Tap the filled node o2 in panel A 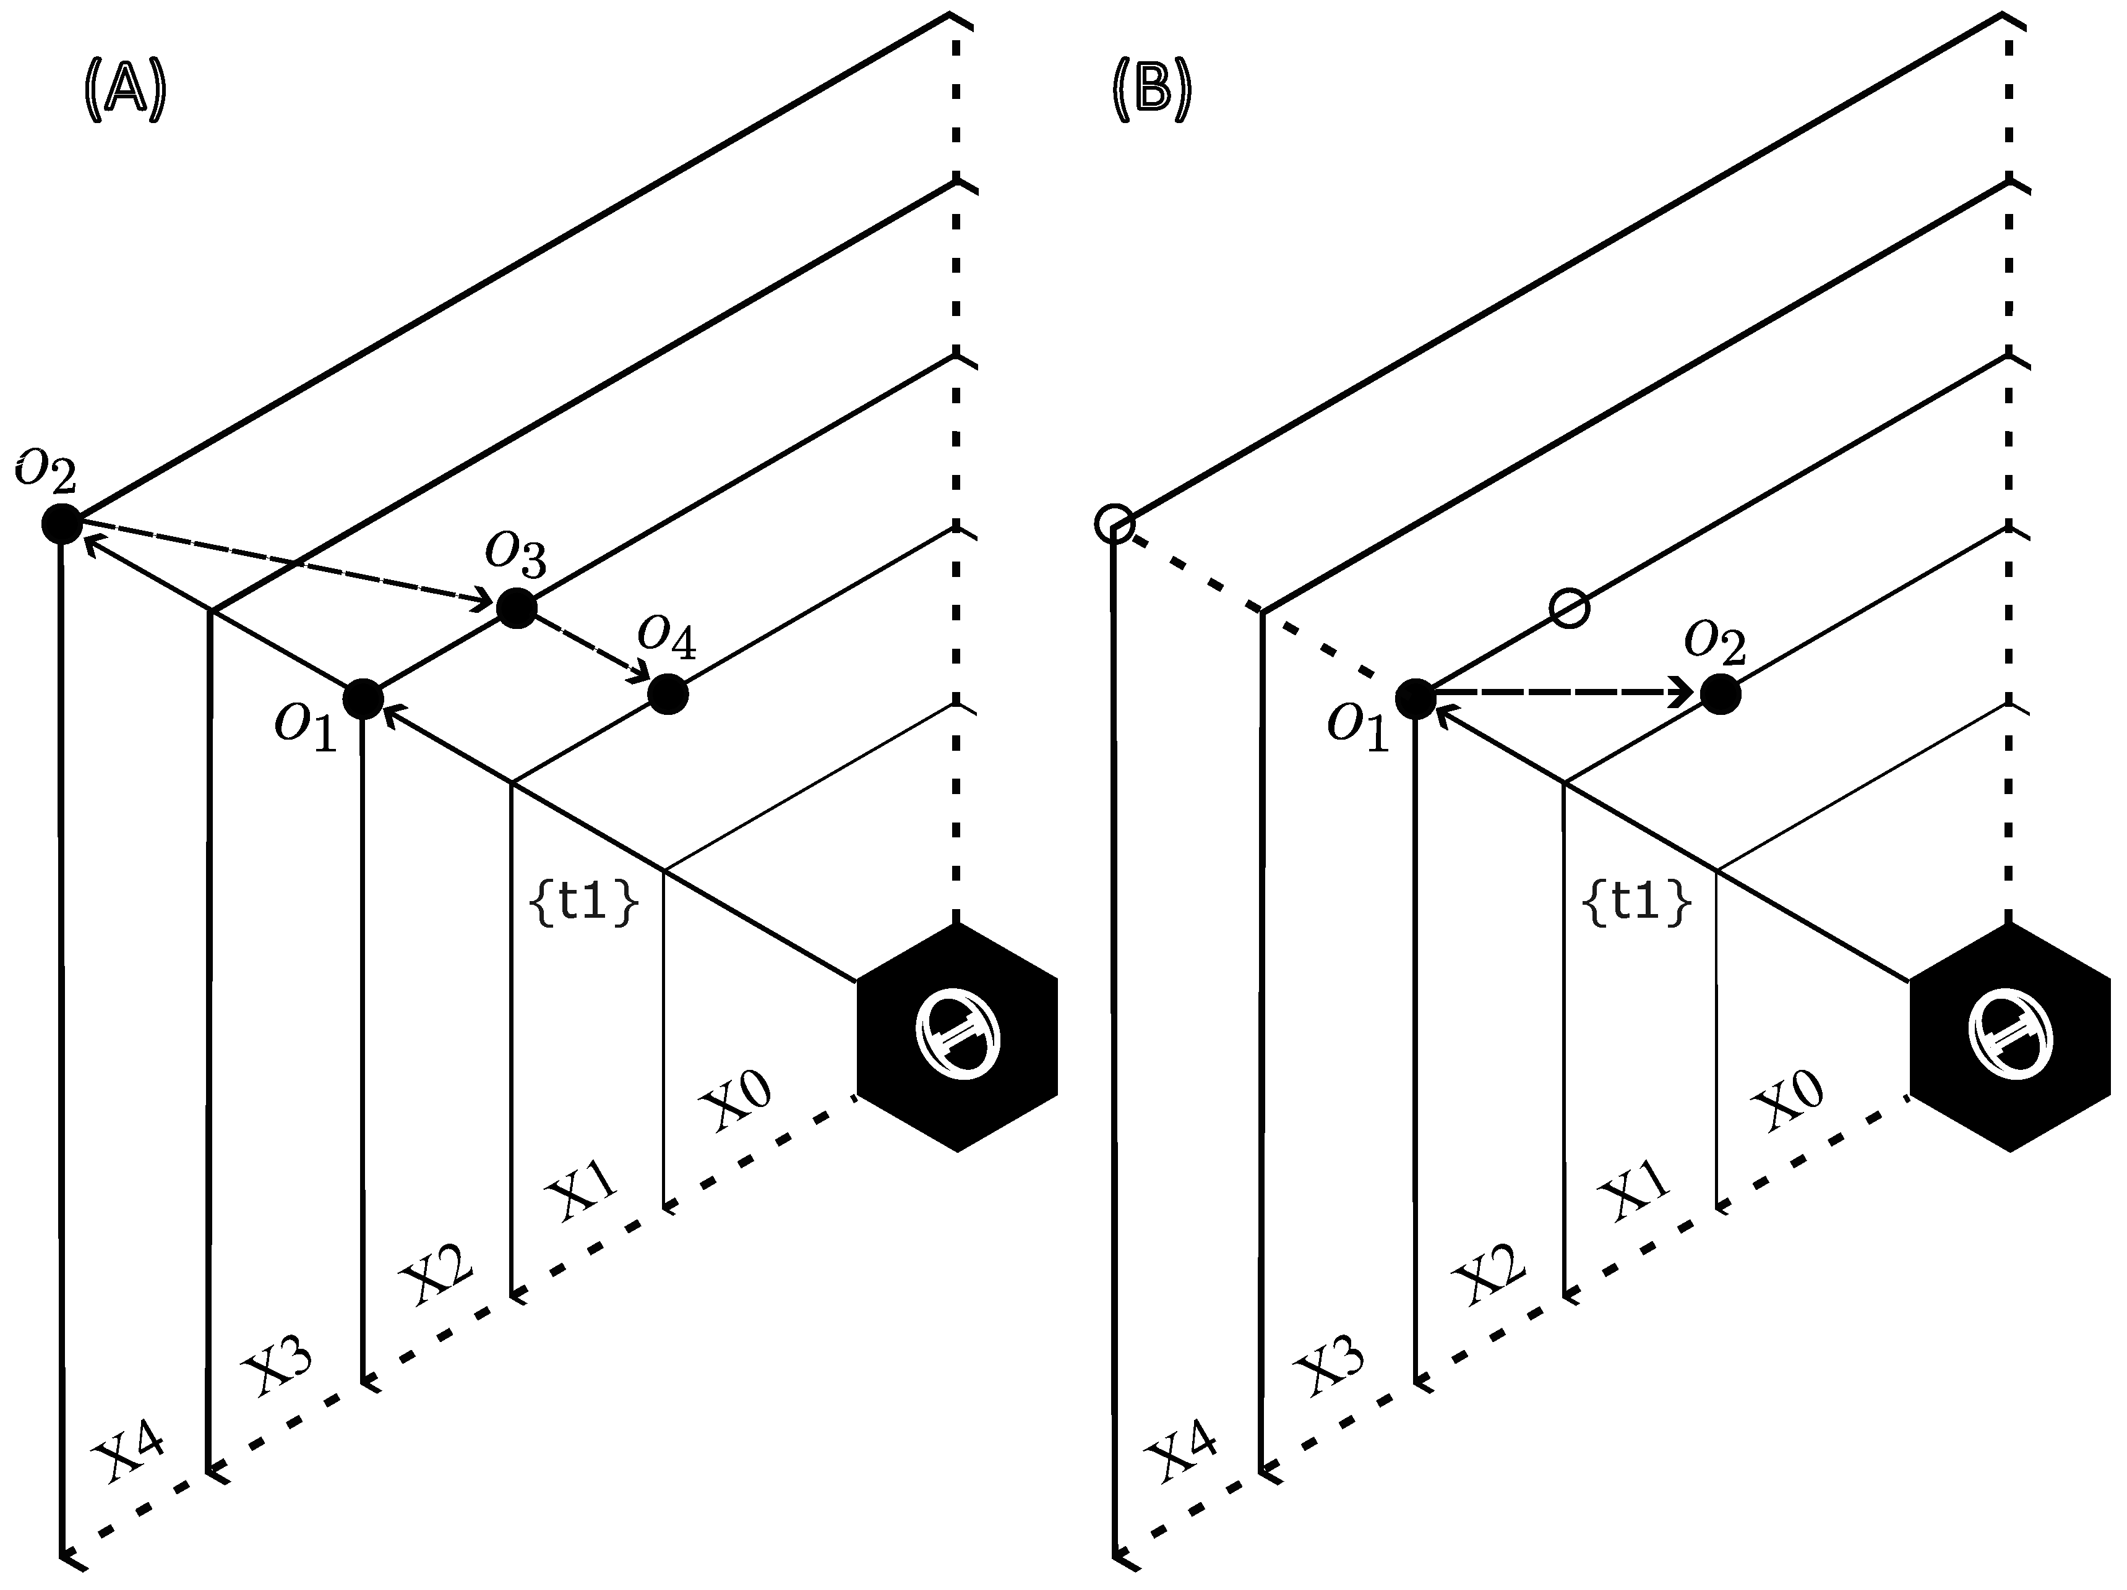click(62, 524)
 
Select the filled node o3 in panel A click(517, 607)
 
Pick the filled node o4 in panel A click(668, 694)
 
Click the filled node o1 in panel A click(364, 699)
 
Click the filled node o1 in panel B click(1416, 699)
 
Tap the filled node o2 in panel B click(1721, 694)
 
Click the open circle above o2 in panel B click(1570, 609)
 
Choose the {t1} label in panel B click(1636, 903)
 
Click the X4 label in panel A click(128, 1451)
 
